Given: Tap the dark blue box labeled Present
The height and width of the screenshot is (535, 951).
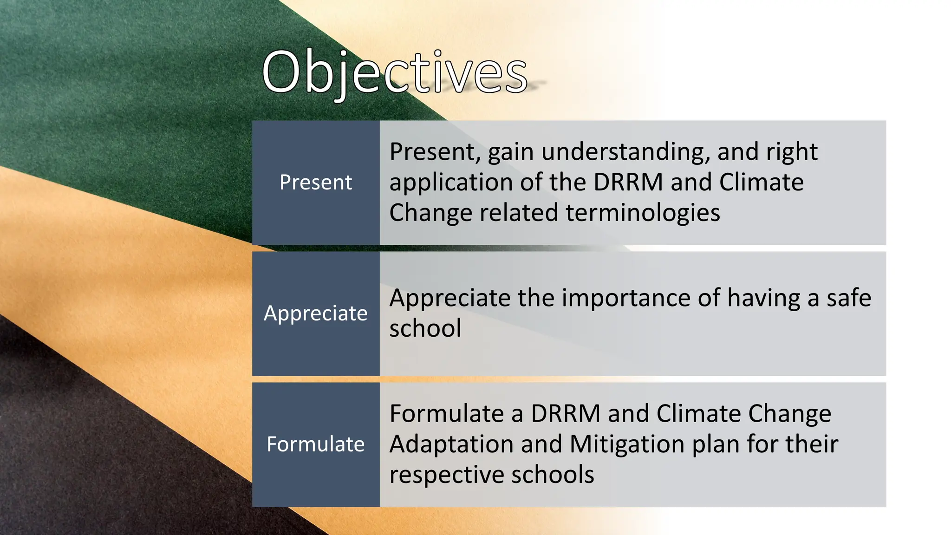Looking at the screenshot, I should (316, 183).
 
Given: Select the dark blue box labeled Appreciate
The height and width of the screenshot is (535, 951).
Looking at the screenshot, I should (316, 313).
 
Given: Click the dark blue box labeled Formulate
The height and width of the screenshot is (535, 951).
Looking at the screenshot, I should (316, 444).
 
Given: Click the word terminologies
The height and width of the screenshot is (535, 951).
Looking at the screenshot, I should (643, 213).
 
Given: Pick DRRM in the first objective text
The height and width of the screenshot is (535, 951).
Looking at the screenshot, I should (628, 182).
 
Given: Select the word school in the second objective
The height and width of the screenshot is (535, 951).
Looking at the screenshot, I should (425, 328).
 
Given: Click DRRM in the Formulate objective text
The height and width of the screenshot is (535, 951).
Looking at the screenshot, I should (565, 413).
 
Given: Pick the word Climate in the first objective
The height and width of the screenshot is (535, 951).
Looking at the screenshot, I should (761, 182).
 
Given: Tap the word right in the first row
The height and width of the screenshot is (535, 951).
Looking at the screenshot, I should (791, 152).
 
